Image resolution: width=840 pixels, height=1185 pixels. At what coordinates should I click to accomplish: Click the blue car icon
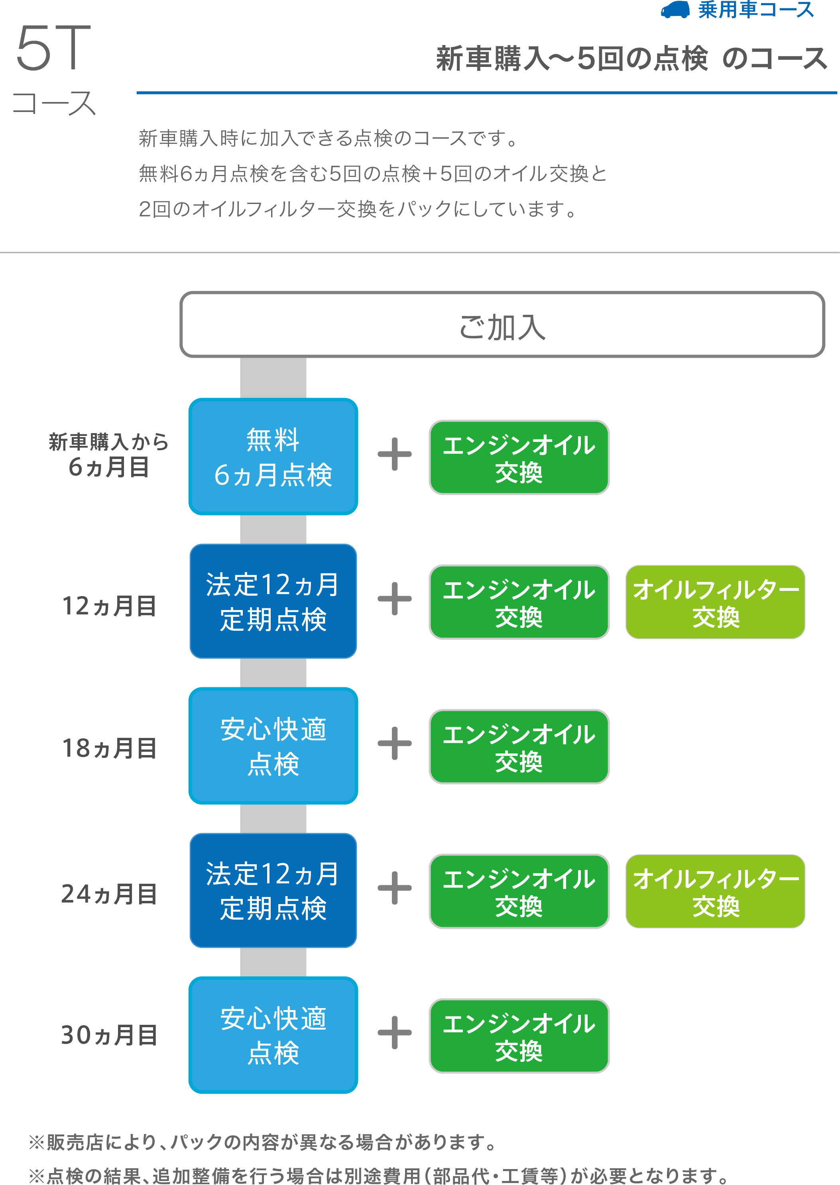point(675,10)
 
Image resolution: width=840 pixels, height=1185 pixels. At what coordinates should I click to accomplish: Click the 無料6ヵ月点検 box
point(273,457)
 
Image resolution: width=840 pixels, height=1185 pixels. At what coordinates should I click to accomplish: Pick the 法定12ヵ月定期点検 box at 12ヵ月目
point(273,601)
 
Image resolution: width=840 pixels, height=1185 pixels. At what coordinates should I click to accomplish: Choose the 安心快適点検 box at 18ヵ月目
point(273,746)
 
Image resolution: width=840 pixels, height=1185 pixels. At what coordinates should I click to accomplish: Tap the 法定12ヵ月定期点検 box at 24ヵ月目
point(273,890)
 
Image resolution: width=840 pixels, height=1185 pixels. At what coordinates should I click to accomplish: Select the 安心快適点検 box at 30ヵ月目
point(273,1035)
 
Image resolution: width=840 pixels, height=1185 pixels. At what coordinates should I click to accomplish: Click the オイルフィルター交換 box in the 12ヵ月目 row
point(715,602)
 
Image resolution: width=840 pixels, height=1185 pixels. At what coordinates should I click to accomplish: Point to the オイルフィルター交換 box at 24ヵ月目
point(715,891)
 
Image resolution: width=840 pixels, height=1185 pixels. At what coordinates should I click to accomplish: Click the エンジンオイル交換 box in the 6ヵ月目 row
point(519,457)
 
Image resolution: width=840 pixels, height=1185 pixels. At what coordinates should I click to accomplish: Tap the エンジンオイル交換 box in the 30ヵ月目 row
point(519,1036)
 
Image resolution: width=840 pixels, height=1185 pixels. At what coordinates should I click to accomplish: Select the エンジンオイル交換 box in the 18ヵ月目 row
point(519,747)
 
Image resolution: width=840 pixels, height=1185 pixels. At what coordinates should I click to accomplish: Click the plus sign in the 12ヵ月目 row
point(395,599)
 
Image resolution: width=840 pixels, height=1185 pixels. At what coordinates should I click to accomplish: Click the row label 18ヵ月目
point(109,748)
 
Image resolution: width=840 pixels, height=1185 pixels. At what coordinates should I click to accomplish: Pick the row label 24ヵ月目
point(109,894)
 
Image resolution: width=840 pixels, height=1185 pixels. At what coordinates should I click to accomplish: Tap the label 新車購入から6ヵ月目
point(108,455)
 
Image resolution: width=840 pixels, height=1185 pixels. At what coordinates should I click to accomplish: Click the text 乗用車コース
point(756,10)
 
